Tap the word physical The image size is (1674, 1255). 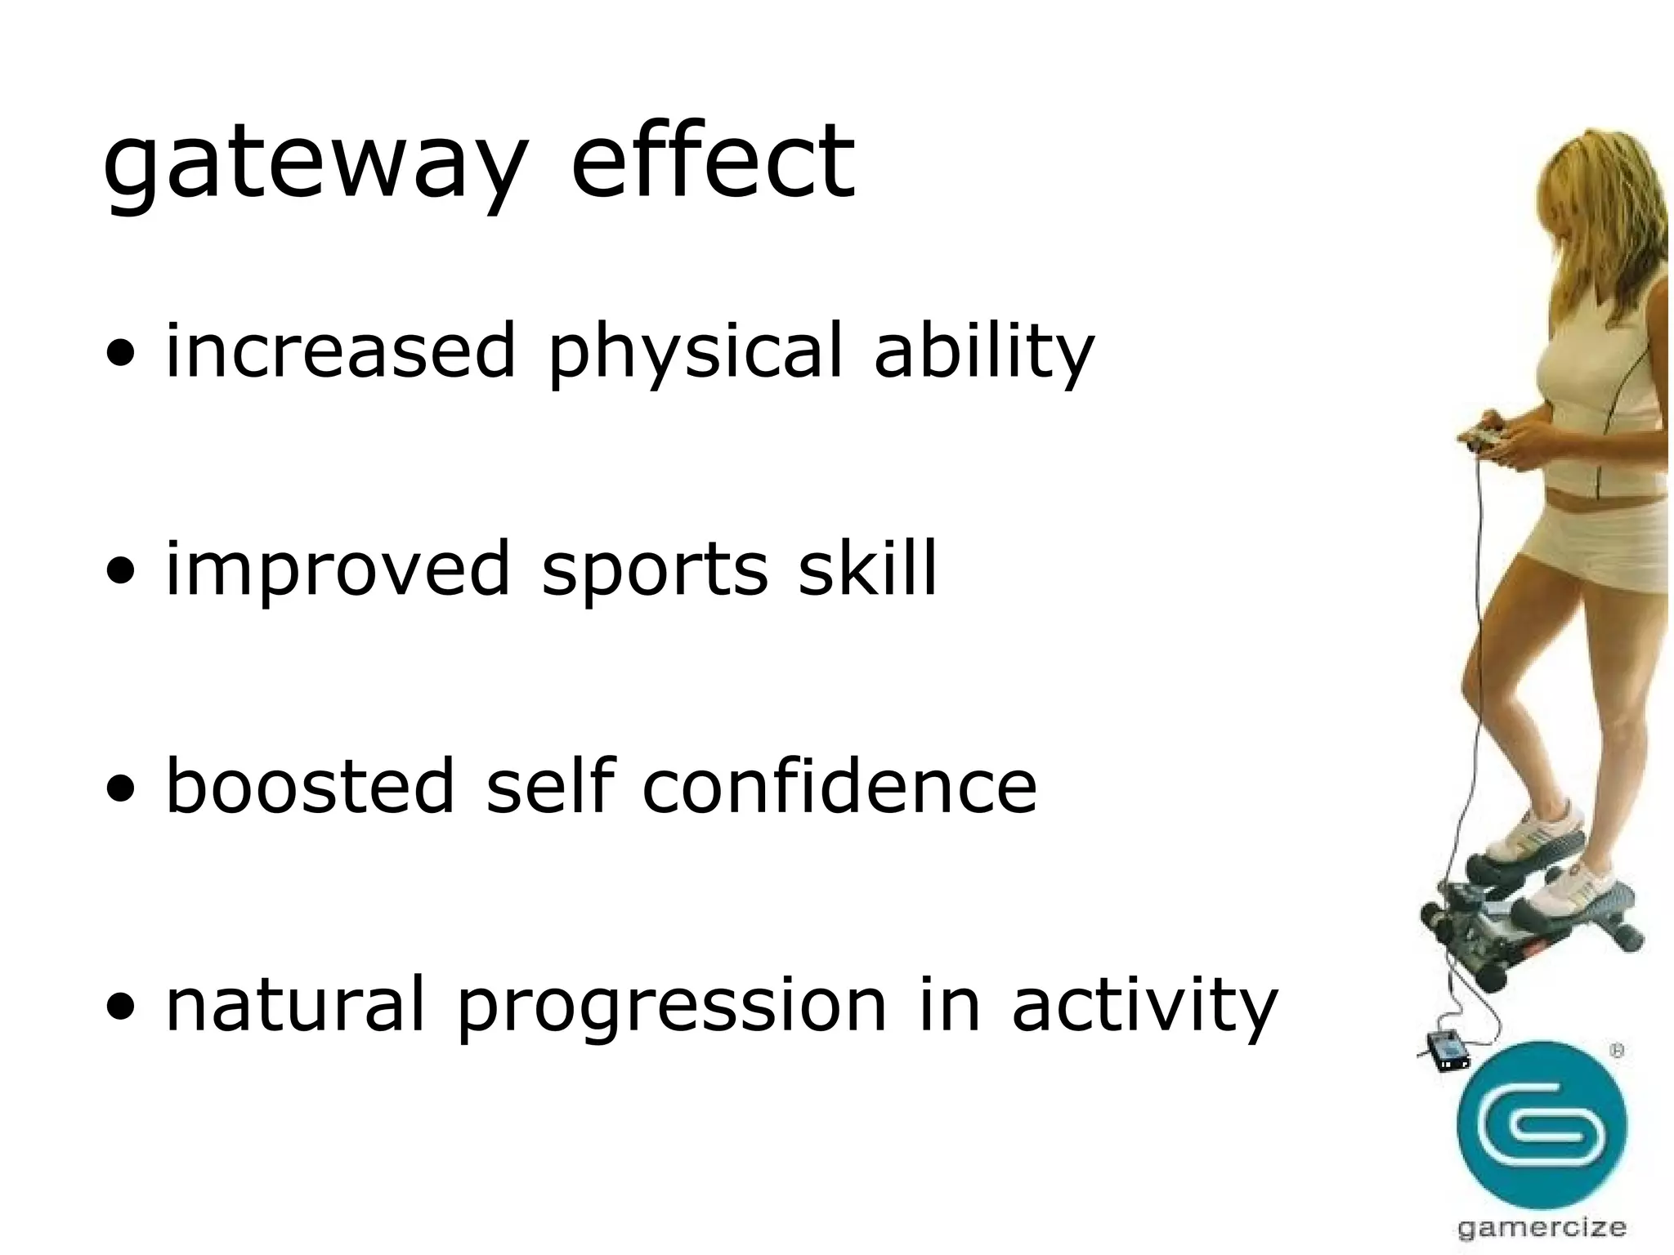click(695, 353)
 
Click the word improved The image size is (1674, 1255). click(338, 569)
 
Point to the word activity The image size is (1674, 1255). click(1144, 1005)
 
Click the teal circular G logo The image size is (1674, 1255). click(1541, 1125)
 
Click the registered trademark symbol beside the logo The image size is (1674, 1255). click(1616, 1052)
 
